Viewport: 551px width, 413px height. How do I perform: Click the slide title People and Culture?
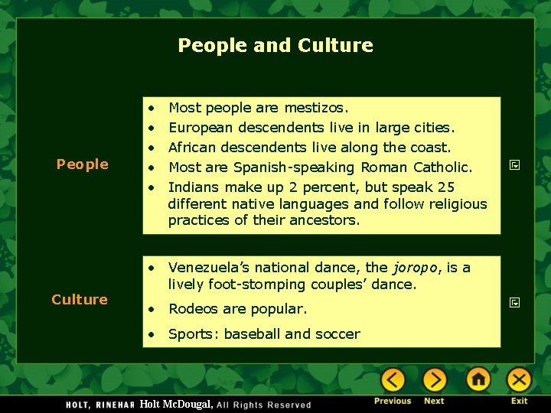275,45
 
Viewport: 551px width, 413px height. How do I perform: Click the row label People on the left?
82,164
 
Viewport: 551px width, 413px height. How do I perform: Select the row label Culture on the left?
80,299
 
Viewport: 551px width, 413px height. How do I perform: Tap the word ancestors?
324,220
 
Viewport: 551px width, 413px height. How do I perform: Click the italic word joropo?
416,268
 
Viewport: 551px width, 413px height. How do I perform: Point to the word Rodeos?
193,309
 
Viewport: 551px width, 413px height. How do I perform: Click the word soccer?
337,333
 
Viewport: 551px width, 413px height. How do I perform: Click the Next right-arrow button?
435,379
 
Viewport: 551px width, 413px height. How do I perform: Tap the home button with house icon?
478,379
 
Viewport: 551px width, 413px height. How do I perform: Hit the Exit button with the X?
519,379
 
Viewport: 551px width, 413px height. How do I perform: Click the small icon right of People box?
514,164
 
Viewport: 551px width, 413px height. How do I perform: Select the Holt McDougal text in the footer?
176,404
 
